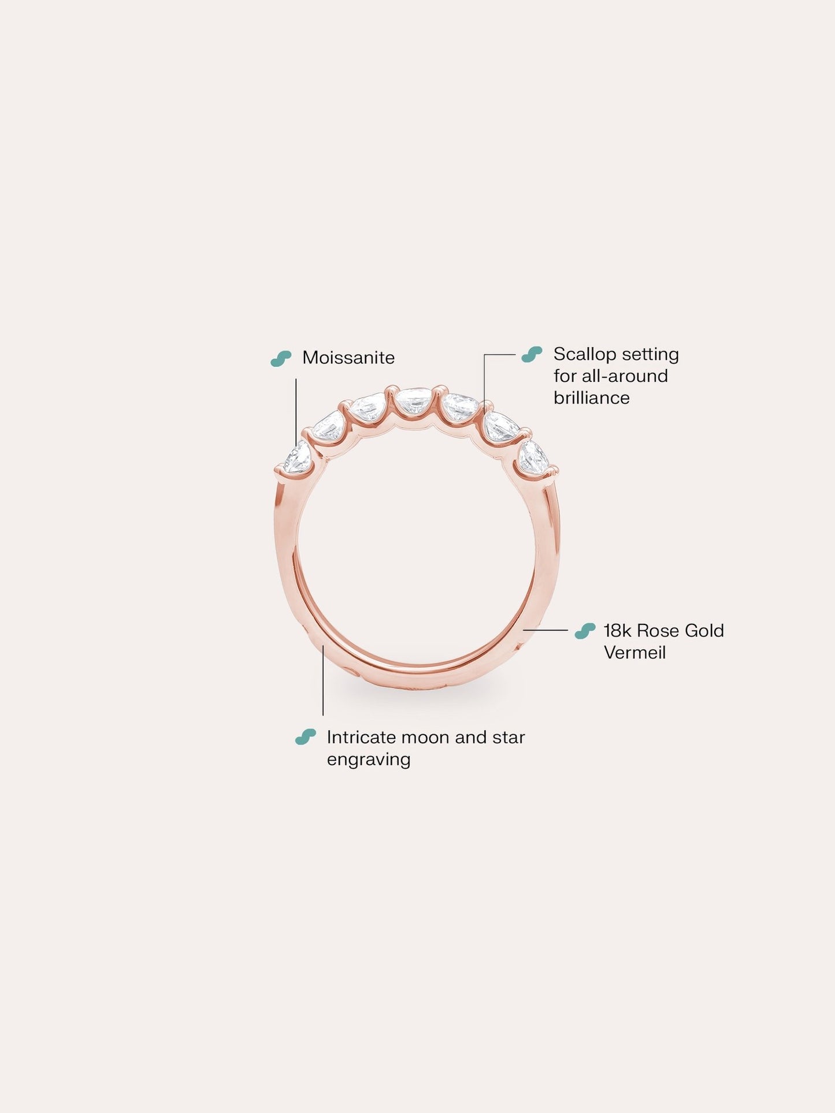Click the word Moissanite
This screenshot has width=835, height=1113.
pos(348,358)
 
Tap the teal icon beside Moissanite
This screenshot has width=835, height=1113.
pos(281,359)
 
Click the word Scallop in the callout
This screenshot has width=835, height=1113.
pos(580,354)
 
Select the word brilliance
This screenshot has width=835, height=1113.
pos(591,398)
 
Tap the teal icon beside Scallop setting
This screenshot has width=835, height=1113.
pos(532,355)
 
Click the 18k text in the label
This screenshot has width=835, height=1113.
pos(617,630)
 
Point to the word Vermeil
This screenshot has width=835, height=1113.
pos(634,653)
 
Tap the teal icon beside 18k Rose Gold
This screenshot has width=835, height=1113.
pos(585,631)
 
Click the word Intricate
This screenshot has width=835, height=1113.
pos(361,737)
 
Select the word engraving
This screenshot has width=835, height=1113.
pos(368,760)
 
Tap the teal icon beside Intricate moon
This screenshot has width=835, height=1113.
pos(305,737)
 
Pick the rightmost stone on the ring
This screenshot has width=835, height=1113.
pos(533,457)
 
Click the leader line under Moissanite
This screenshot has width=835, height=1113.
pos(296,410)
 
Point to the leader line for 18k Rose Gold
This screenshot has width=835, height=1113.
pos(545,630)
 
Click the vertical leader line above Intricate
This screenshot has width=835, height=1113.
pos(323,682)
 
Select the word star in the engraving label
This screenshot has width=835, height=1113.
pos(508,737)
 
